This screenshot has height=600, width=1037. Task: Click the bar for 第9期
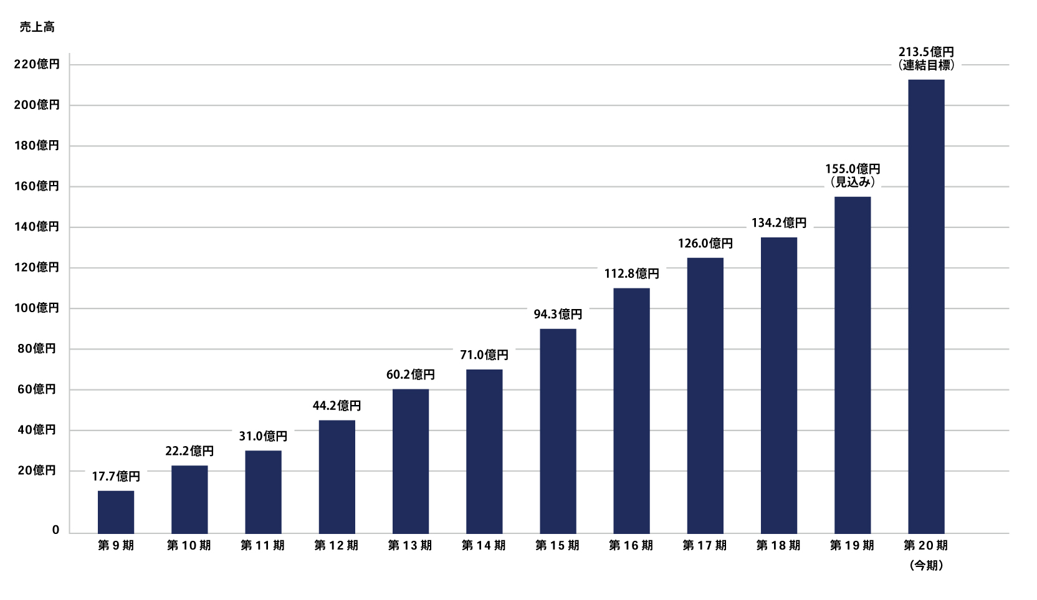click(x=116, y=512)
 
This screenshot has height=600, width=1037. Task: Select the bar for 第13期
click(x=411, y=461)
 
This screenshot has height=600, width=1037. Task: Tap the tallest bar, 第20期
click(x=926, y=306)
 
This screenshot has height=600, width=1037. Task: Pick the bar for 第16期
click(x=631, y=411)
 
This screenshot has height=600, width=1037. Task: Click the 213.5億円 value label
click(x=926, y=52)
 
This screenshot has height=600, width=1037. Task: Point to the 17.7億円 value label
click(x=116, y=477)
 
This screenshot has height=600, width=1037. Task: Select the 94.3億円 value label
click(x=558, y=315)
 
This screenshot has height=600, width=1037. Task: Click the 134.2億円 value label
click(x=779, y=223)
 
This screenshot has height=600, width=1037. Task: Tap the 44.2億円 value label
click(x=337, y=406)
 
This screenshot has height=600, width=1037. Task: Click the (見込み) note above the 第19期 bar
click(x=853, y=182)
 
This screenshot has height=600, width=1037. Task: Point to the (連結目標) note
click(x=926, y=65)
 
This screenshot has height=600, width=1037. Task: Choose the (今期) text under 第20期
click(x=926, y=566)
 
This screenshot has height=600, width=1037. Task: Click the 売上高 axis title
click(x=37, y=27)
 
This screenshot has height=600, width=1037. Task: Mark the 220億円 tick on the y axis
click(x=37, y=64)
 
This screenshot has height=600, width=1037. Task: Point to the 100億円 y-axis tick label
click(x=37, y=308)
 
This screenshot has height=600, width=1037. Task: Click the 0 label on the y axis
click(x=55, y=530)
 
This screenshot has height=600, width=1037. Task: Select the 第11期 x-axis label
click(x=262, y=546)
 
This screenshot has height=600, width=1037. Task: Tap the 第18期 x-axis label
click(x=778, y=546)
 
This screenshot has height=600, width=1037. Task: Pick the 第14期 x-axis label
click(x=484, y=546)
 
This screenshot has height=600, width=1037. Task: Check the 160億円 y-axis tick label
click(x=37, y=186)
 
